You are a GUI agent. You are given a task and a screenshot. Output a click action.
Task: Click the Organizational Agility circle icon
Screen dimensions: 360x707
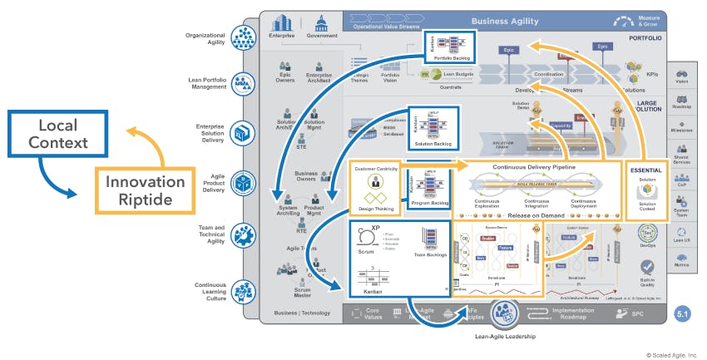click(244, 37)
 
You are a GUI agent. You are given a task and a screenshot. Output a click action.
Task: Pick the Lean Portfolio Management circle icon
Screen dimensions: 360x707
click(244, 82)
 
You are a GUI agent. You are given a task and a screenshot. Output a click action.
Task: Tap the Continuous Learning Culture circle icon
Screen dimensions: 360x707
click(244, 291)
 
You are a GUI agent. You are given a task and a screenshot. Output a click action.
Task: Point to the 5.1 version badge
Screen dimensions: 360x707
click(681, 315)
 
